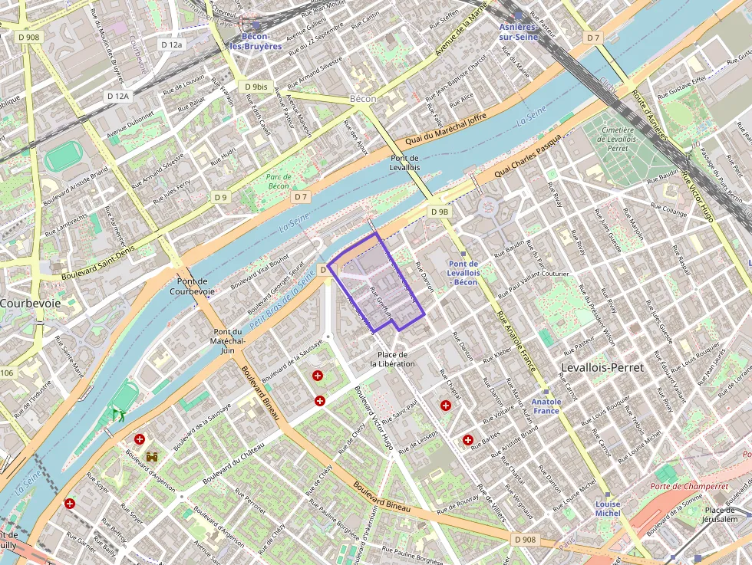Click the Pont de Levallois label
(x=404, y=162)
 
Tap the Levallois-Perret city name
(x=602, y=368)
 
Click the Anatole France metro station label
(x=547, y=406)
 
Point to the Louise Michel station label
(x=608, y=509)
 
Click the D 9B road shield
(x=440, y=212)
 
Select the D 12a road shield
(x=172, y=44)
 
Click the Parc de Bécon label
(x=278, y=181)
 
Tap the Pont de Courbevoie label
(x=190, y=286)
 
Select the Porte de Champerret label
(x=688, y=486)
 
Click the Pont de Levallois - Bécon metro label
(x=464, y=273)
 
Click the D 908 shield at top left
(x=28, y=36)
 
